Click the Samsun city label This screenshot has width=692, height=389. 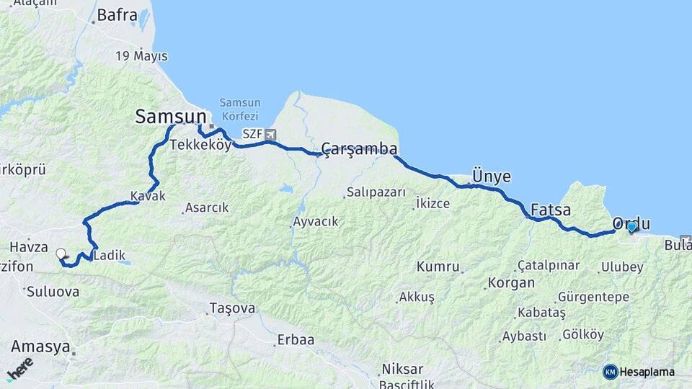pos(170,116)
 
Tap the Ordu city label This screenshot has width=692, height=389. pos(631,223)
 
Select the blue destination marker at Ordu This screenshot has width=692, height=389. pos(632,228)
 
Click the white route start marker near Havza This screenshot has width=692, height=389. pos(61,254)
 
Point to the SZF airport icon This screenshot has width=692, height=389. pos(270,134)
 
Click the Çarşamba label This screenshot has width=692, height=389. pos(359,149)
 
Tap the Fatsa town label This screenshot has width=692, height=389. pos(550,210)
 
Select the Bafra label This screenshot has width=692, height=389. pos(116,14)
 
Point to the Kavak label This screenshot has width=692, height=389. pos(148,196)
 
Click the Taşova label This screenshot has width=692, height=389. pos(232,308)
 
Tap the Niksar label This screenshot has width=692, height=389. pos(402,369)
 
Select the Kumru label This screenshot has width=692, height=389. pos(438,267)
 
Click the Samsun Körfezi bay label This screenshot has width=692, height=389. pos(239,109)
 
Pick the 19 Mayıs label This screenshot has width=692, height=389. pos(141,56)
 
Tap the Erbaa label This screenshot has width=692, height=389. pos(296,340)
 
